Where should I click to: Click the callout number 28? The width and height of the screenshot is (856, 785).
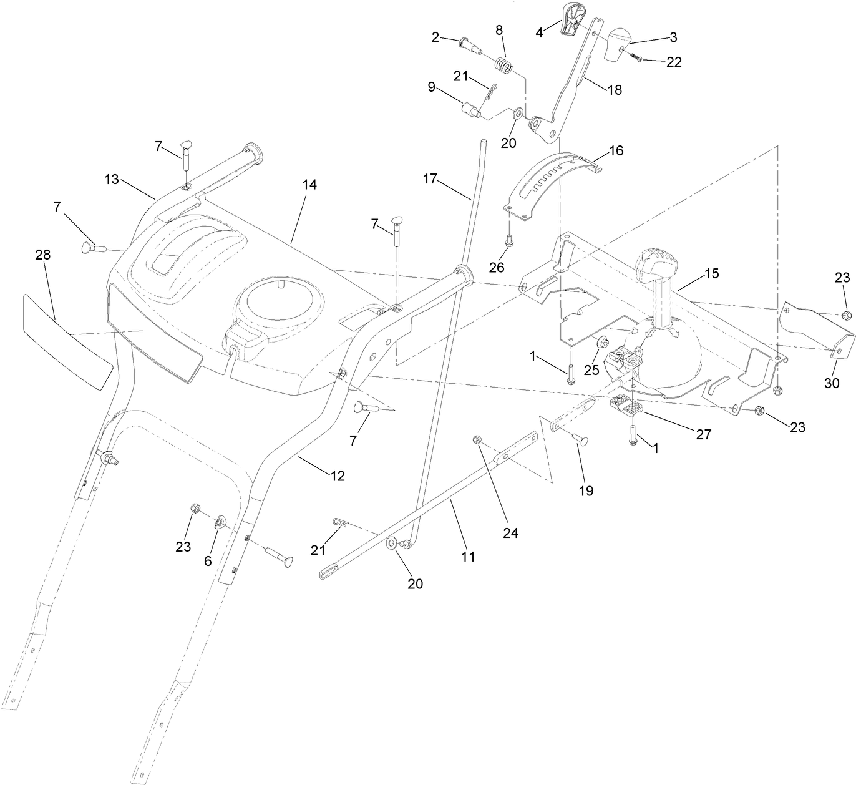(43, 255)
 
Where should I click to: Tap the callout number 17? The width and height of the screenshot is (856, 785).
(430, 178)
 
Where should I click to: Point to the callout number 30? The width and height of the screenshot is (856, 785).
(832, 383)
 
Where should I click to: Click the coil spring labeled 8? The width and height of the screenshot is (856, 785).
(504, 65)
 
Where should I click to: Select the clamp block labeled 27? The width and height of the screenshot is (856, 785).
(626, 406)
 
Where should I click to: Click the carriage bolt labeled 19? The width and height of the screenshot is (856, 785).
(578, 439)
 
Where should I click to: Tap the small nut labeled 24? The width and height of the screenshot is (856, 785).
(477, 439)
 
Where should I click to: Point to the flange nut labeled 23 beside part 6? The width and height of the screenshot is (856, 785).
(194, 509)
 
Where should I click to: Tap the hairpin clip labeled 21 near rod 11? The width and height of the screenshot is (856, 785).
(338, 523)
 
